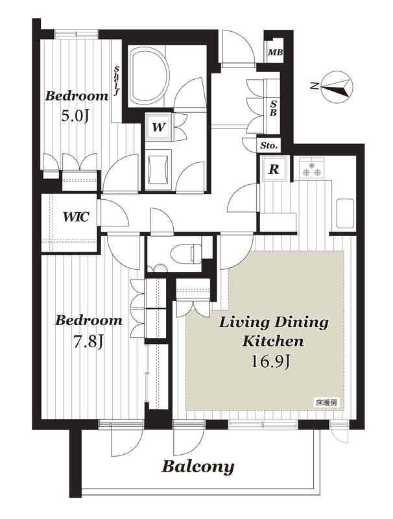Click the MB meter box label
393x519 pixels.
275,53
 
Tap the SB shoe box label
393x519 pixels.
273,108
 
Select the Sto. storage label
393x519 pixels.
269,145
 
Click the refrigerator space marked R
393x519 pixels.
274,169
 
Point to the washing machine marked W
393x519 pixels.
158,127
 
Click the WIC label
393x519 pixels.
76,217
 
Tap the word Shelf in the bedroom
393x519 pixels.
116,81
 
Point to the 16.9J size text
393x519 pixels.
270,361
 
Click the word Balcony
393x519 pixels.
198,467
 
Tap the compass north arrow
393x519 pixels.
337,87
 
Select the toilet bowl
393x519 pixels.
186,254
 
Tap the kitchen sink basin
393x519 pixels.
346,213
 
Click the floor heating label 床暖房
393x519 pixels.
326,403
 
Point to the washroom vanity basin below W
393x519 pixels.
158,169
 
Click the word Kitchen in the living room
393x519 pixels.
273,341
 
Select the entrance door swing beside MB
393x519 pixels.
237,47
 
